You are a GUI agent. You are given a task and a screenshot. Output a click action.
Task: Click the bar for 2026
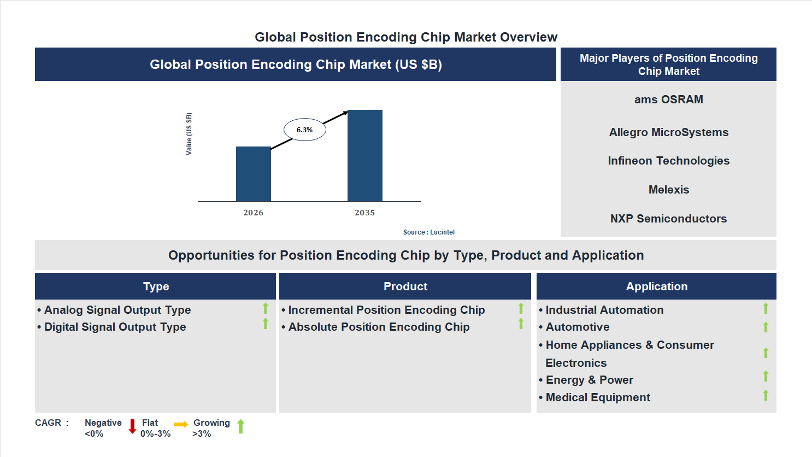[x=253, y=174]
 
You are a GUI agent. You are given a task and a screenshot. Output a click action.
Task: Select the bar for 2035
[x=364, y=156]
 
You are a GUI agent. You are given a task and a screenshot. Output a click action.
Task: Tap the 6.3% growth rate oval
[x=304, y=130]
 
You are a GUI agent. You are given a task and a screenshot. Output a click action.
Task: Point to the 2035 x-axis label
[x=364, y=213]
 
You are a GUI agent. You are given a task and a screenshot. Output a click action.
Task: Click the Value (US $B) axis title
[x=189, y=134]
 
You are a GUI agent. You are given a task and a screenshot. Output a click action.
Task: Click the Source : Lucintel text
[x=428, y=232]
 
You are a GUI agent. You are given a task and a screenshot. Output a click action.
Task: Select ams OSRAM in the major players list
[x=668, y=99]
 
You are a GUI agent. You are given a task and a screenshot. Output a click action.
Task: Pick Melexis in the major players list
[x=668, y=190]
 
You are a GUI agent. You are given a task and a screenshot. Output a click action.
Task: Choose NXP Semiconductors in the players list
[x=668, y=219]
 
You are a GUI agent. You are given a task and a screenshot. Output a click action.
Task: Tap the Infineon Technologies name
[x=668, y=161]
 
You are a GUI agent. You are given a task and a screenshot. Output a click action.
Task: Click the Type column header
[x=156, y=286]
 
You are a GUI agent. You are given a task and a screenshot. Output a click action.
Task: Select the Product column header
[x=405, y=286]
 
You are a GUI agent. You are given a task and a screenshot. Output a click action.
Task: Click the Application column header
[x=656, y=286]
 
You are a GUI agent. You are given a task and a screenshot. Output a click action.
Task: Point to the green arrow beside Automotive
[x=766, y=327]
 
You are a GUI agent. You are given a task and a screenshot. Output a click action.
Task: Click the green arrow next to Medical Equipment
[x=766, y=395]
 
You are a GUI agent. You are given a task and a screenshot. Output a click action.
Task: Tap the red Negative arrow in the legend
[x=132, y=426]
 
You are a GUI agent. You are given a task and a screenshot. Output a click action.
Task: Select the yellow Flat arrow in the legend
[x=180, y=424]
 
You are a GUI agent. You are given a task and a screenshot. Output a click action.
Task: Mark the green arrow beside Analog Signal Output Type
[x=266, y=308]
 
